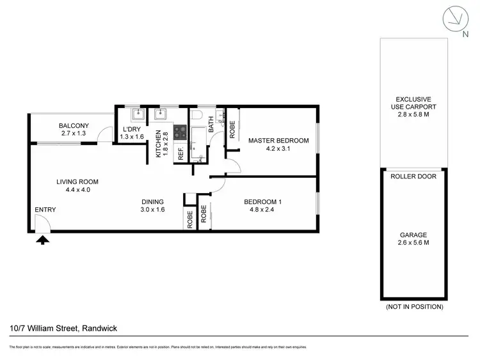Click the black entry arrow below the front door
(x=43, y=240)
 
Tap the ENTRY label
(x=45, y=210)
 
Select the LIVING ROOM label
(x=77, y=182)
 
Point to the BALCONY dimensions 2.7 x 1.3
(x=74, y=134)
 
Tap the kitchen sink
(x=159, y=116)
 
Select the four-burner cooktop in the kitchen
(x=180, y=133)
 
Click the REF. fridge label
(x=181, y=153)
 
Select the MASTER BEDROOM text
(x=278, y=141)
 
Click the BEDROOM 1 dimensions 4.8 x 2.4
(x=263, y=210)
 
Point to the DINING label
(x=153, y=202)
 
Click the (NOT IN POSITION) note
(x=414, y=307)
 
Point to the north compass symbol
(x=455, y=20)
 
